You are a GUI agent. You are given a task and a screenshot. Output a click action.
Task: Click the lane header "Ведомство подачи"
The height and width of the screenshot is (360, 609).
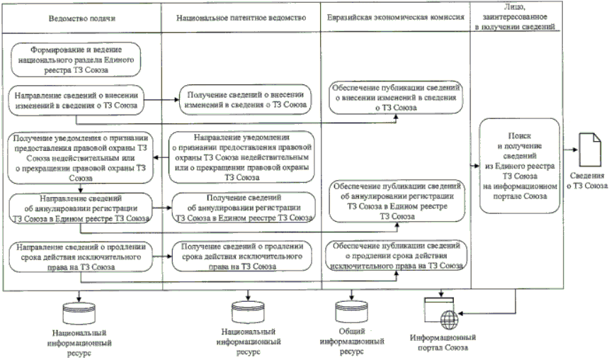81,16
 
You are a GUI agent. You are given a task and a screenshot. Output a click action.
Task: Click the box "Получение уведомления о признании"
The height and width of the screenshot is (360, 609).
80,152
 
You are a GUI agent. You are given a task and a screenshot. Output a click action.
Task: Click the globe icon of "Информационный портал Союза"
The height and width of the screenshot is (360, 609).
443,317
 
